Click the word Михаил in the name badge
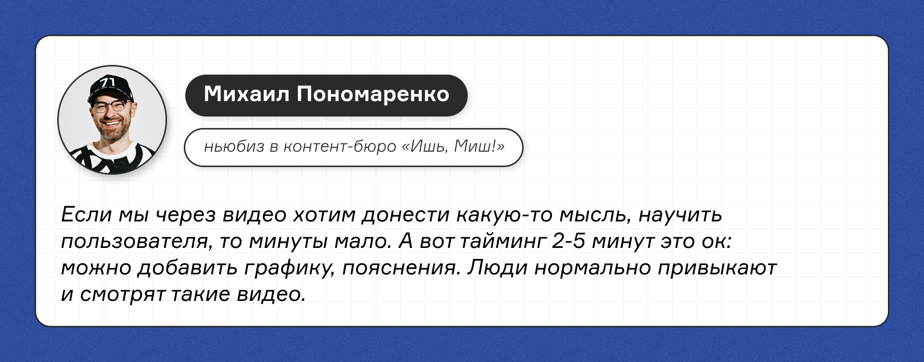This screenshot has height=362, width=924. click(x=246, y=94)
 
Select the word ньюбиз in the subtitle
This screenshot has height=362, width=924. click(x=234, y=146)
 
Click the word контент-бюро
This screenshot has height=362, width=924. click(x=340, y=146)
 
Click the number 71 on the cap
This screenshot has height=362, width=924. click(x=107, y=82)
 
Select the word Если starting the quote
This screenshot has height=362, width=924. click(x=86, y=214)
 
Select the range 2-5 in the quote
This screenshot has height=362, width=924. click(x=568, y=241)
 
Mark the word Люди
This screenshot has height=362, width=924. click(x=498, y=268)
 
